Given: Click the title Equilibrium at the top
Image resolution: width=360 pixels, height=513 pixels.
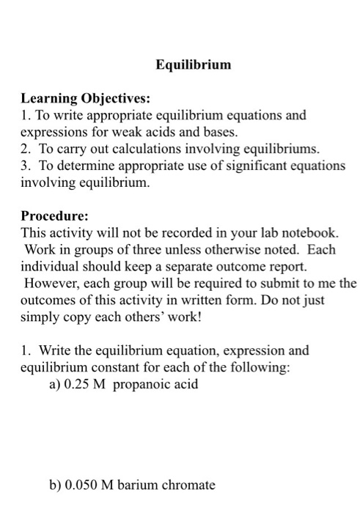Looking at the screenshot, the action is [194, 64].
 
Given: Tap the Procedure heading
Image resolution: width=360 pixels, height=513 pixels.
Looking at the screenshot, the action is [54, 216].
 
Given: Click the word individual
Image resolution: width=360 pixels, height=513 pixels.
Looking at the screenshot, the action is [51, 267].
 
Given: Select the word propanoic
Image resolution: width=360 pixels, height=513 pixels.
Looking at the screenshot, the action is [147, 385].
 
